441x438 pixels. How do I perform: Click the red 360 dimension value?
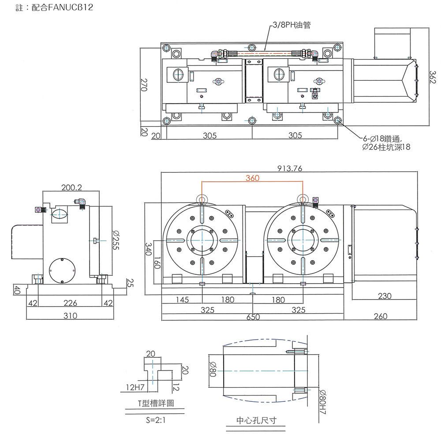click(x=253, y=178)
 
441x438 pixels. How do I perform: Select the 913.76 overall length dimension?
click(x=289, y=168)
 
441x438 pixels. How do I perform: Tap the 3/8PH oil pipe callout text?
click(x=292, y=25)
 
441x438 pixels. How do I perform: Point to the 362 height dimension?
click(x=435, y=76)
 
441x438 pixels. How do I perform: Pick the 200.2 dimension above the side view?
click(x=72, y=187)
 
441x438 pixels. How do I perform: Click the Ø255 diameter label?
click(x=116, y=240)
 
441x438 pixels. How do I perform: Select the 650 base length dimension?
click(x=253, y=317)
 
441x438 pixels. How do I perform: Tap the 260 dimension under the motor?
click(x=380, y=316)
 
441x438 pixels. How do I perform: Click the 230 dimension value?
click(x=385, y=296)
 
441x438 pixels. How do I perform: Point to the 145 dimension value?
click(x=182, y=300)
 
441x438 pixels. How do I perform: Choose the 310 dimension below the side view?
click(x=70, y=316)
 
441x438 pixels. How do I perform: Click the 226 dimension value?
click(x=70, y=303)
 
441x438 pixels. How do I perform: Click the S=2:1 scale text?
click(x=155, y=420)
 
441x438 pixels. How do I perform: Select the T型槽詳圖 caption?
click(x=154, y=404)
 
